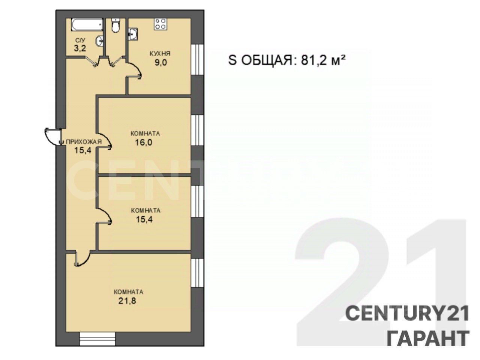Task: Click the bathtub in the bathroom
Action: pos(87,25)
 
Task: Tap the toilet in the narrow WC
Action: pos(115,25)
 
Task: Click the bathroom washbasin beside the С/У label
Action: pos(99,41)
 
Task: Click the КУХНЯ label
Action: pos(160,54)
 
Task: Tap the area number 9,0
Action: pos(161,63)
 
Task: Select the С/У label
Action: pos(80,40)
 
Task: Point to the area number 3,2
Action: pos(80,48)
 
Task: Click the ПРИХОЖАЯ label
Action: pos(84,142)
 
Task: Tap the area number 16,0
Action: pos(144,143)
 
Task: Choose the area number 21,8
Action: pos(127,301)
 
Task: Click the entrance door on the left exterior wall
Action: pos(52,136)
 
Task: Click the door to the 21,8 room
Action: pos(82,259)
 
